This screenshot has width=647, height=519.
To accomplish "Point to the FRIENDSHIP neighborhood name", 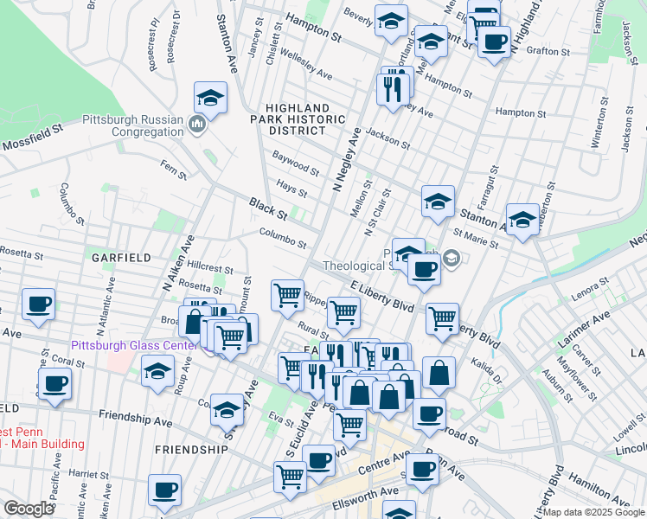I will (x=190, y=450).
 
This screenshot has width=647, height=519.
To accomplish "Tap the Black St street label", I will (x=268, y=209).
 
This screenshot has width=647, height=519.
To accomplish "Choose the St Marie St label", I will (x=477, y=238).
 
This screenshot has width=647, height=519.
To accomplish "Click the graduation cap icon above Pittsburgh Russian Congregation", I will (x=210, y=99).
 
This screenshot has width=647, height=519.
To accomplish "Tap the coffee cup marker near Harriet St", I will (x=164, y=490).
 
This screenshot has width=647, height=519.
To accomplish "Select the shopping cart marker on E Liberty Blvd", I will (x=442, y=318).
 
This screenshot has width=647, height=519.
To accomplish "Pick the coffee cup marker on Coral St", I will (x=55, y=383).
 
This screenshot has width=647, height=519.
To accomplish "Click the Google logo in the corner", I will (x=29, y=509).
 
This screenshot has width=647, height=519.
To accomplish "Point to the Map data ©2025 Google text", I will (x=593, y=512).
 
